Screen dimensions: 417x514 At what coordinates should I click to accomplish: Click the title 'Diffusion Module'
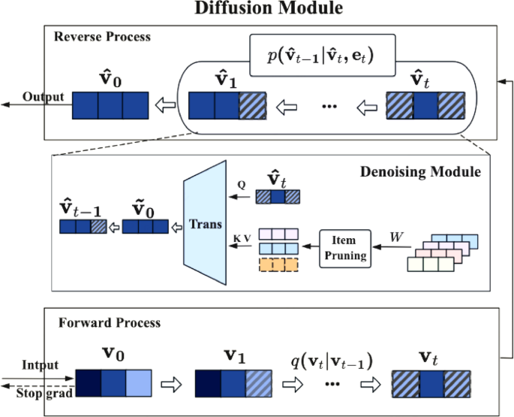(x=257, y=9)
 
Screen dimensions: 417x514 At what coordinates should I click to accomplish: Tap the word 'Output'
(x=42, y=97)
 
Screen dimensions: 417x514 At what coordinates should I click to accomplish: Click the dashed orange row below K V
(x=278, y=265)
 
